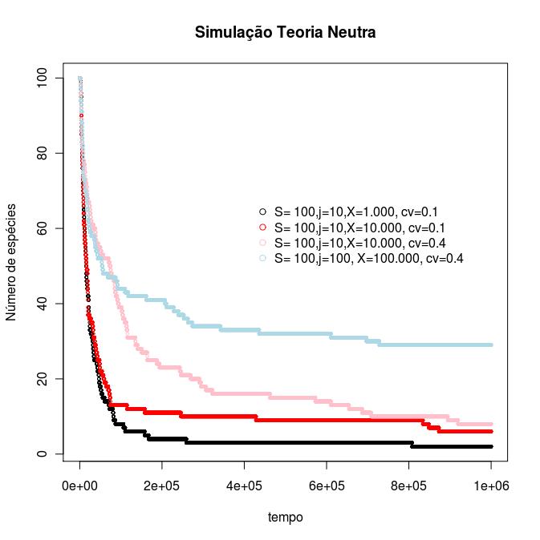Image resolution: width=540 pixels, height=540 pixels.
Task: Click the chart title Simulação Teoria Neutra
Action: [285, 33]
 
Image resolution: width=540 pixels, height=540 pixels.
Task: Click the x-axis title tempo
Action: [285, 518]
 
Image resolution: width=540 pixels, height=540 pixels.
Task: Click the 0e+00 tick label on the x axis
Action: [80, 486]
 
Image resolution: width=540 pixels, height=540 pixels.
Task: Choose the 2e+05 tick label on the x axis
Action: [162, 486]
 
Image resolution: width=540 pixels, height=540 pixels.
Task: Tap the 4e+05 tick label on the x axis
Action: [245, 486]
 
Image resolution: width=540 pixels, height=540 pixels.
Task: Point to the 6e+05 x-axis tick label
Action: [327, 486]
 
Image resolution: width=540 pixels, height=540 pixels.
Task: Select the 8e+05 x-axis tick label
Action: [409, 486]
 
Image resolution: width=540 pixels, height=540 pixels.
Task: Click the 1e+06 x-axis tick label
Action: [491, 486]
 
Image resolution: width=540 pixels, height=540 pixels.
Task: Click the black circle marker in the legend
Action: [262, 212]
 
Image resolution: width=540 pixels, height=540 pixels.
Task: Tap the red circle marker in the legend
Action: [262, 228]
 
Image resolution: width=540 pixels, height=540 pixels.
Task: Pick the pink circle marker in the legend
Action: [262, 243]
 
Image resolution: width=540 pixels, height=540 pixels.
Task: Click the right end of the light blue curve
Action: [490, 345]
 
